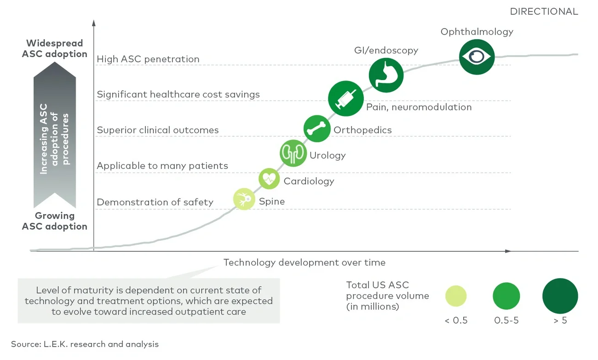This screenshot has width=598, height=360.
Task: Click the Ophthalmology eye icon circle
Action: [x=477, y=57]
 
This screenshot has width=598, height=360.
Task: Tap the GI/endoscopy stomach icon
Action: [x=386, y=75]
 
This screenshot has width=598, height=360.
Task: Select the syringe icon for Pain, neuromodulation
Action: [x=345, y=98]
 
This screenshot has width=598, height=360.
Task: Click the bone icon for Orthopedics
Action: [x=317, y=128]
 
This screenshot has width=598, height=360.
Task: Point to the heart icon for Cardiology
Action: [x=269, y=179]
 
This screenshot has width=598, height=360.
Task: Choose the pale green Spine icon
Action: [x=244, y=199]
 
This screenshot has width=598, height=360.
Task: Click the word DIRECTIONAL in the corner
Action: [x=544, y=12]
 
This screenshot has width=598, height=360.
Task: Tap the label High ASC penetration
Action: [x=148, y=59]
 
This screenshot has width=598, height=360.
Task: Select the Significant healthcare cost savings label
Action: [x=178, y=94]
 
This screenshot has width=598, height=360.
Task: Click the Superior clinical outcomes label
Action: [x=157, y=130]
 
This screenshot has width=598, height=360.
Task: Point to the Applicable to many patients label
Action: [x=162, y=166]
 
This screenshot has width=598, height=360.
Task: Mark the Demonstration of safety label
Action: [x=155, y=202]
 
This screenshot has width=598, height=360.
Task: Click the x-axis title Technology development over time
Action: [x=304, y=263]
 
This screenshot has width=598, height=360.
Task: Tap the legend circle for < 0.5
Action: [x=456, y=296]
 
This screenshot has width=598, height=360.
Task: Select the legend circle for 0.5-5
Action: [x=506, y=296]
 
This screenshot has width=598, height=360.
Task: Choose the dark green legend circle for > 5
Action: [x=560, y=296]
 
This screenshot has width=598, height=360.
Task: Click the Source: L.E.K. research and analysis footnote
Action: [x=85, y=344]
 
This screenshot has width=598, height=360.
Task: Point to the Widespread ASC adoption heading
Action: [x=54, y=48]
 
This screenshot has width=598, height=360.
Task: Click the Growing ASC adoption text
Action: [x=54, y=221]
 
